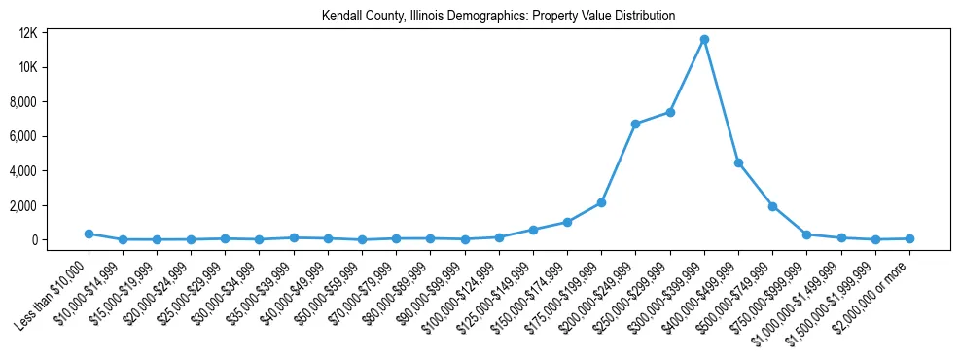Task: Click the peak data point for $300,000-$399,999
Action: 704,40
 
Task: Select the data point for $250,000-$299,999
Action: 670,112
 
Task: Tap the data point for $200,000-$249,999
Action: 635,124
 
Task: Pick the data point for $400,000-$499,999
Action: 738,162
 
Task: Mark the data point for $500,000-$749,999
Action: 772,206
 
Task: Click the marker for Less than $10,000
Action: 89,234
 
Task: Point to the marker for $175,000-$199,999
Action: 601,202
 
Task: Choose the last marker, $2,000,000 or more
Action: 909,238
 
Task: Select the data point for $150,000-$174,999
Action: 567,222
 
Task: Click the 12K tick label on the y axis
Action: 55,33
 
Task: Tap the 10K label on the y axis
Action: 55,67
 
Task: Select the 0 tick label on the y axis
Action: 60,240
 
